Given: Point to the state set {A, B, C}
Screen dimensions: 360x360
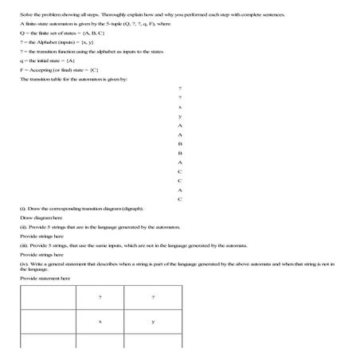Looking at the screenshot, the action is [91, 34].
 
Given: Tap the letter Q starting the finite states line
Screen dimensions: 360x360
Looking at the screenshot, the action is [22, 34].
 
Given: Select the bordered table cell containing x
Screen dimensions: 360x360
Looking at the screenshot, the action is [100, 322].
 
